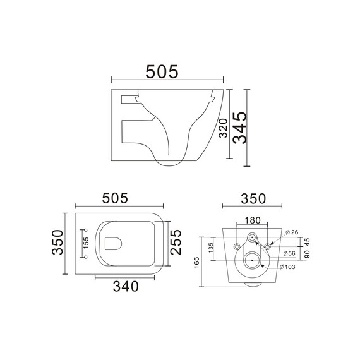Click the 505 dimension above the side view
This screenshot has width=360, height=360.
tap(162, 71)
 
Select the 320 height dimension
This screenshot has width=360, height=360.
tap(223, 128)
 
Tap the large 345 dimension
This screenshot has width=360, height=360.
tap(240, 128)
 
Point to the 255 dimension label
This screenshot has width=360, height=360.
tap(176, 242)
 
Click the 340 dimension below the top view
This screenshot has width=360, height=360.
tap(126, 286)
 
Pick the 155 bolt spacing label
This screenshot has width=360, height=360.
tap(86, 243)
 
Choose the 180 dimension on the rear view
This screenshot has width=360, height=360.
tap(253, 220)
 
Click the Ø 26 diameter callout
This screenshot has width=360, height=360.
tap(292, 232)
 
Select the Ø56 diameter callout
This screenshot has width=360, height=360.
tap(289, 253)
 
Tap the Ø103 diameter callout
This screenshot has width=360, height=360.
tap(287, 267)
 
